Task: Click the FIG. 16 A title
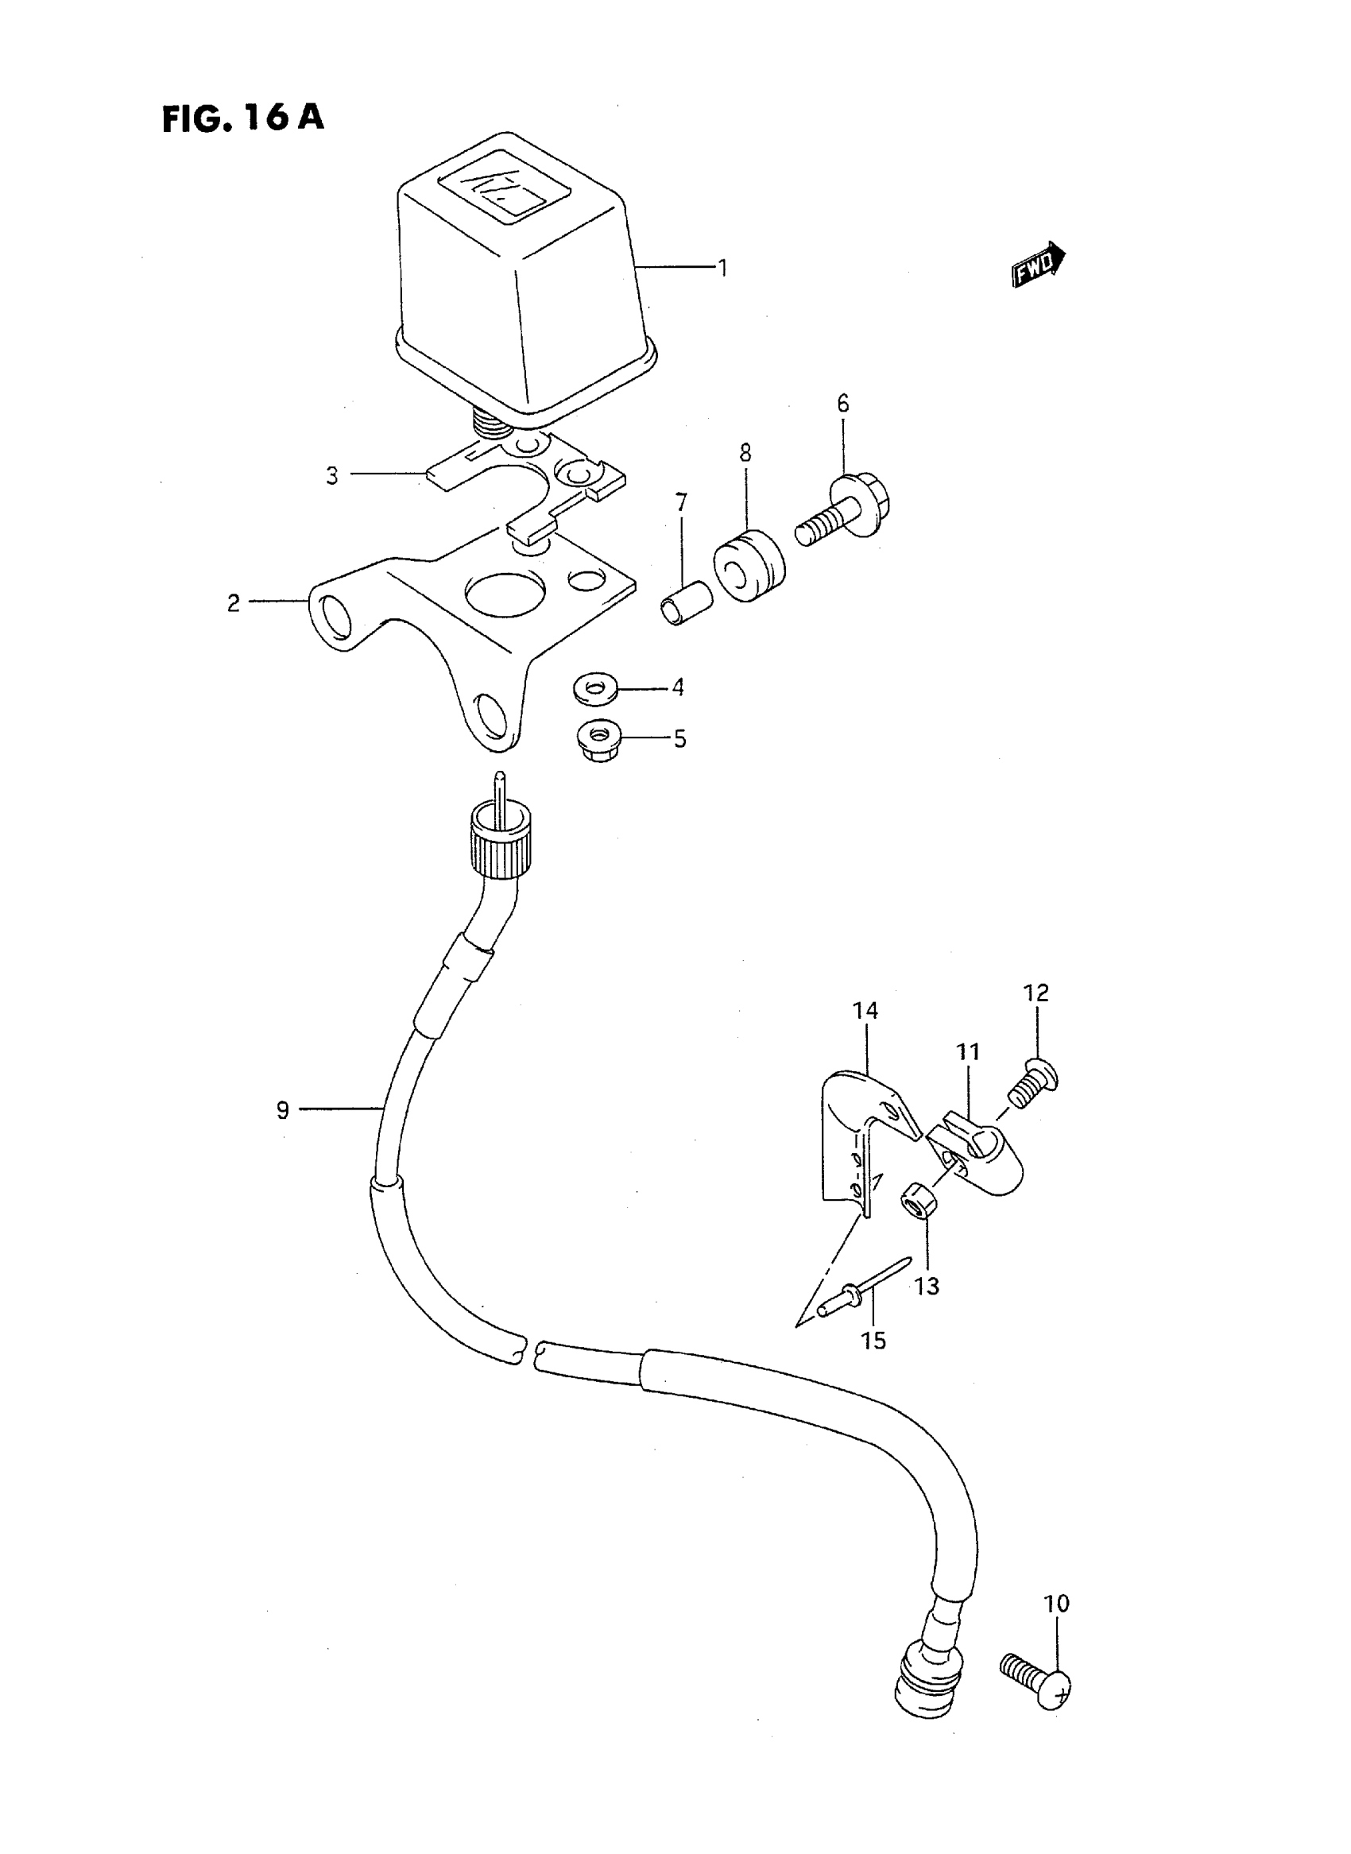point(243,118)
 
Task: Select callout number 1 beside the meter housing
point(722,268)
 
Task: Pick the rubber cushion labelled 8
point(749,566)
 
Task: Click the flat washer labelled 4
point(595,689)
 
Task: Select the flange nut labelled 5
point(601,738)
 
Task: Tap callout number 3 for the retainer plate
point(332,476)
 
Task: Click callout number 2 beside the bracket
point(234,602)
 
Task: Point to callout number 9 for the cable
point(283,1110)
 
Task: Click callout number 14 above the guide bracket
point(865,1012)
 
